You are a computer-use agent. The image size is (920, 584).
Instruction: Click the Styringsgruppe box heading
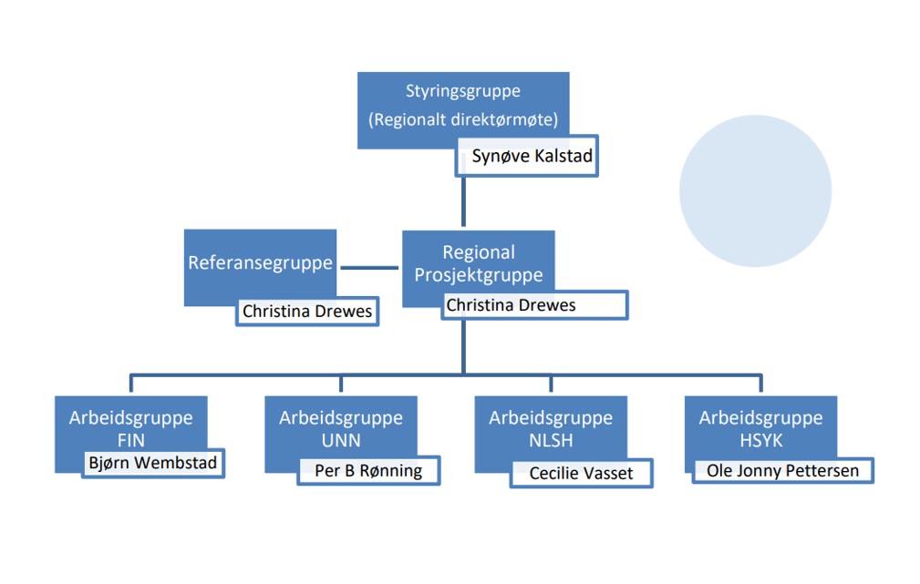click(x=463, y=91)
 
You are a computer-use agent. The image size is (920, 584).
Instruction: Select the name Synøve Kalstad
click(x=532, y=157)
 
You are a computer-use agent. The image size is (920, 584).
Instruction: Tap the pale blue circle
click(x=755, y=191)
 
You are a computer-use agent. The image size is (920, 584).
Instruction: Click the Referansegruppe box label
click(x=261, y=263)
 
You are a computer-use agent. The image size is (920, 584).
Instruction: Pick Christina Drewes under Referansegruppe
click(x=307, y=312)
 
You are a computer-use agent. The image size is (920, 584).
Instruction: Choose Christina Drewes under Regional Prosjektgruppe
click(x=511, y=305)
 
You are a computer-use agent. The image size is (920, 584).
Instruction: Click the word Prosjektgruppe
click(x=479, y=274)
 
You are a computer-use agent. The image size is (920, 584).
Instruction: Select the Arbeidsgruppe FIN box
click(x=130, y=428)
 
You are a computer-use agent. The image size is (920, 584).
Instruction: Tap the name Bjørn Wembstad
click(x=153, y=463)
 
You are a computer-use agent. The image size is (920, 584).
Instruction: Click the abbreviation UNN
click(x=341, y=440)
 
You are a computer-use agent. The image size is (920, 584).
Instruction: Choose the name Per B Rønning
click(x=368, y=471)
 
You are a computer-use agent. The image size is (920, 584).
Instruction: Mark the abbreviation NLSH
click(x=551, y=440)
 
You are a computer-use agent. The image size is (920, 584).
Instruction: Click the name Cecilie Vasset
click(x=581, y=474)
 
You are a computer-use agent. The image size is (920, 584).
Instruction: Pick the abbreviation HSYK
click(x=760, y=440)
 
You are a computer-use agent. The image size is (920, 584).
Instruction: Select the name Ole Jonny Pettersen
click(x=782, y=471)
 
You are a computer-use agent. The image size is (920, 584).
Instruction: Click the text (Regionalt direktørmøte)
click(x=463, y=119)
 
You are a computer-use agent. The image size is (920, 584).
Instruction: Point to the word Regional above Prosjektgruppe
click(x=479, y=252)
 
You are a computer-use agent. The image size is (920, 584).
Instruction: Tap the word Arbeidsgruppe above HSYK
click(x=760, y=418)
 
